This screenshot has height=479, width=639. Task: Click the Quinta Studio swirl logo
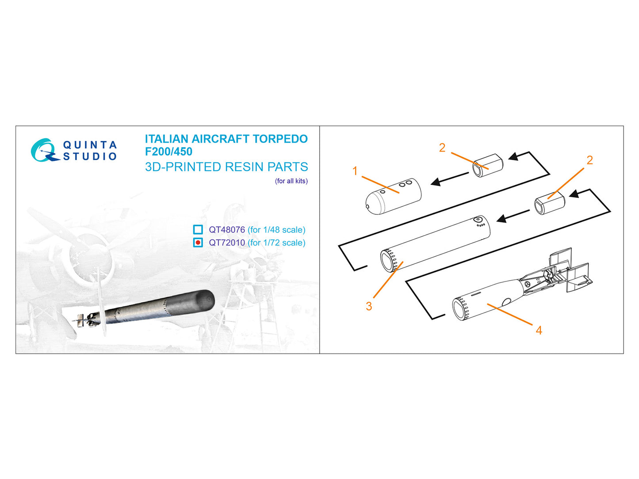tap(44, 150)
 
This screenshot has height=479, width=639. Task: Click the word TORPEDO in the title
tap(280, 139)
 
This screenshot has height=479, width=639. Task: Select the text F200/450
tap(168, 152)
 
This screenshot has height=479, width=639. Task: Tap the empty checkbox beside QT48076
tap(198, 229)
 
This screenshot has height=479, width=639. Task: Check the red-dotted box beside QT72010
tap(198, 242)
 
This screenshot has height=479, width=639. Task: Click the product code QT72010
tap(227, 243)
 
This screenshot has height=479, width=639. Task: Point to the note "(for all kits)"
tap(291, 181)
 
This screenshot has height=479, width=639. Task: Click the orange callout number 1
tap(355, 171)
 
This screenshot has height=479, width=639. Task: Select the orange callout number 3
tap(369, 306)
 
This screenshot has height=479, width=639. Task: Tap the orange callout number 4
tap(539, 331)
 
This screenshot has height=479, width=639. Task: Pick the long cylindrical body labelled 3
tap(435, 243)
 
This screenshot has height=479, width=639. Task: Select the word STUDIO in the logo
tap(90, 156)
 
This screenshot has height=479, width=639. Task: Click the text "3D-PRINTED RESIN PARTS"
tap(226, 167)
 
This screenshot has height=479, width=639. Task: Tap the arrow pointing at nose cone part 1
tap(449, 179)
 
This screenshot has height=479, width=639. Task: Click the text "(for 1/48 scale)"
tap(276, 230)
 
